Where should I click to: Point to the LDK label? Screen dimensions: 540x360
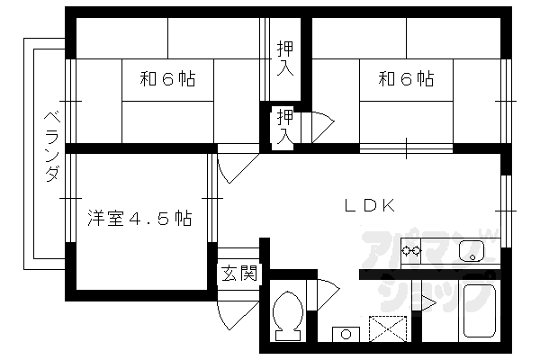[x=370, y=204]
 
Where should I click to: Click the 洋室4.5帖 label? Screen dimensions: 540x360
[x=139, y=218]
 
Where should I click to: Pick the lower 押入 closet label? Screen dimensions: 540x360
[x=284, y=127]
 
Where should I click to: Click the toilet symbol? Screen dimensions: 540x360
[x=289, y=315]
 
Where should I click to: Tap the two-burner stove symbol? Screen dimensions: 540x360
[x=411, y=250]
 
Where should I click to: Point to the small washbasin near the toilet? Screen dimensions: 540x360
[x=345, y=334]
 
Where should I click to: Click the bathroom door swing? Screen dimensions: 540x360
[x=425, y=300]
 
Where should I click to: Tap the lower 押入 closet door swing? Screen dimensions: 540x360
[x=319, y=123]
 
